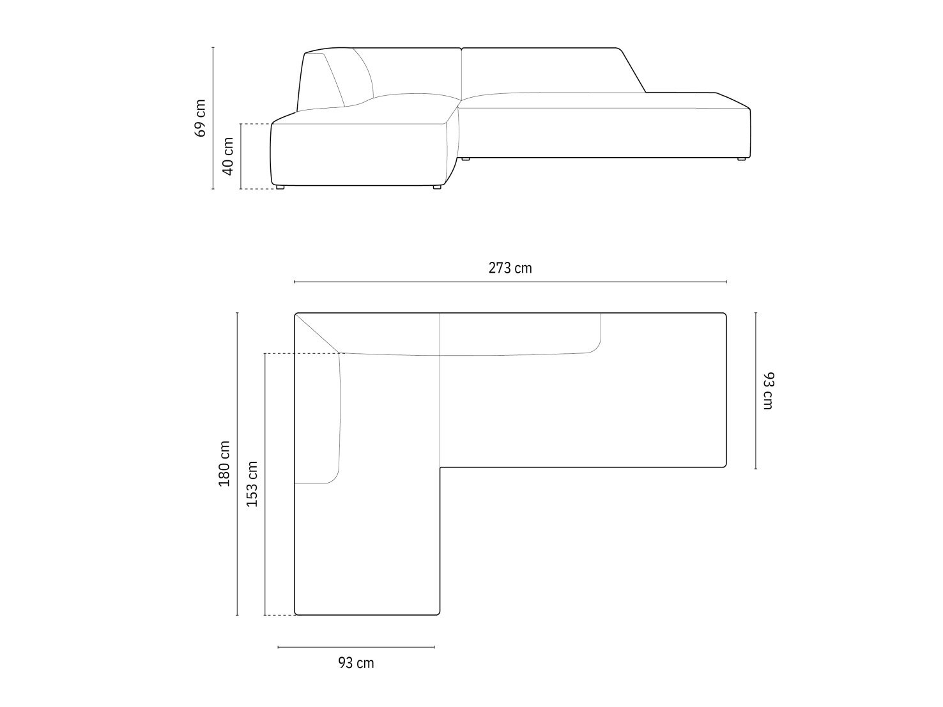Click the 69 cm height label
click(200, 118)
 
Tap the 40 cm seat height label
click(227, 156)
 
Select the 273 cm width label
click(510, 268)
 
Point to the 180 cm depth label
click(224, 464)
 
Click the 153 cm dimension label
click(252, 484)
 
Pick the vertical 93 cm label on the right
click(768, 391)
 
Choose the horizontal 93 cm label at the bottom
click(356, 663)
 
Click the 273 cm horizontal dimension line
click(510, 282)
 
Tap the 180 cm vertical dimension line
click(237, 464)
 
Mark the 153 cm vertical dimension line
click(264, 484)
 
